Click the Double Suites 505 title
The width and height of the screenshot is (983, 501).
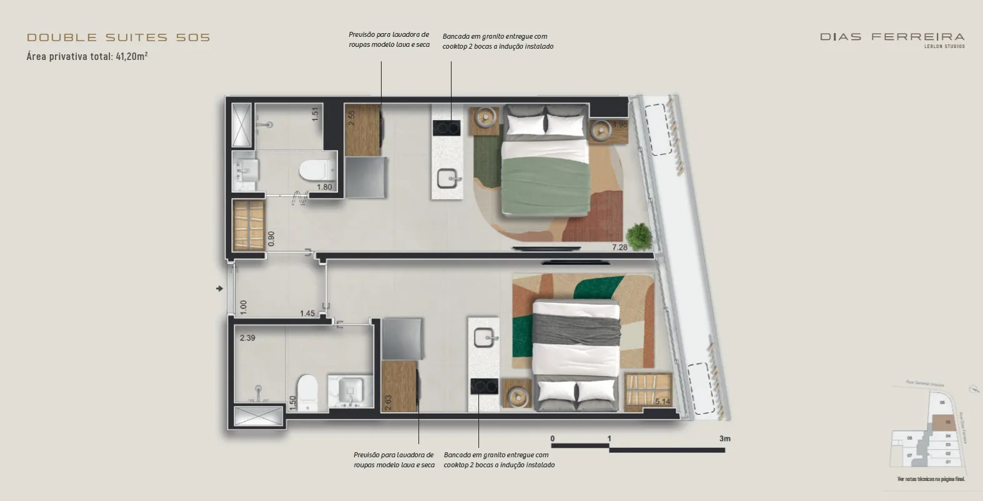tap(118, 37)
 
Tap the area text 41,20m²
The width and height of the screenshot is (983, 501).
tap(131, 56)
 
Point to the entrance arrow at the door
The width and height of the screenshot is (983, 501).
tap(219, 289)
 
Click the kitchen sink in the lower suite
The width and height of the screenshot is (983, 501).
tap(485, 338)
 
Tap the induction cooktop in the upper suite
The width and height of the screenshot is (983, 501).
tap(446, 128)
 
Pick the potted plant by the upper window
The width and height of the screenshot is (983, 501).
tap(640, 236)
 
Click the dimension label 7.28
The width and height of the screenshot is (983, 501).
tap(620, 247)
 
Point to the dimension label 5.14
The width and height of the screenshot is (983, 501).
tap(662, 402)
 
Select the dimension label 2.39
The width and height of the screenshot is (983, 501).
tap(247, 338)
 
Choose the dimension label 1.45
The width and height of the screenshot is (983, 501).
tap(307, 313)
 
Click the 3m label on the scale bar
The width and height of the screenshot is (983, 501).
tap(724, 439)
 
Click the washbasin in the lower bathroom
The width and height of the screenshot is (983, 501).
tap(350, 390)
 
